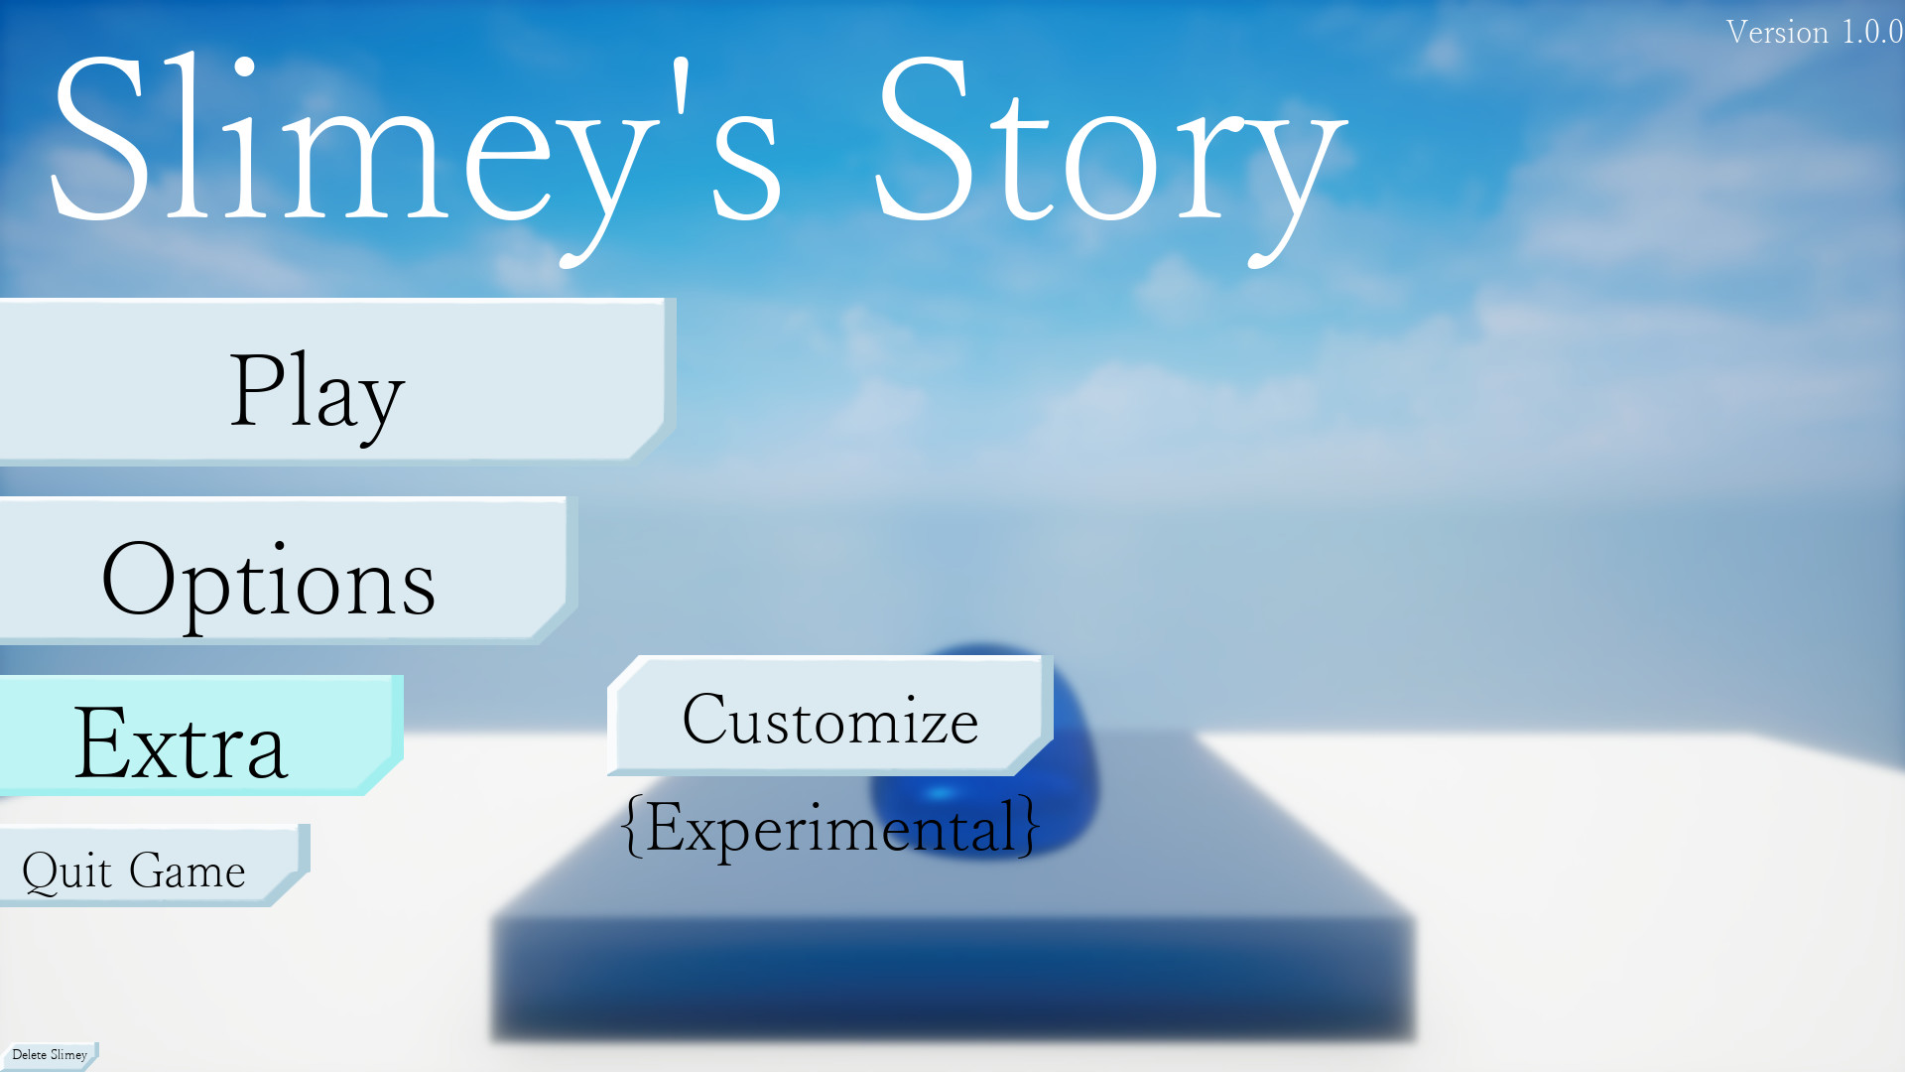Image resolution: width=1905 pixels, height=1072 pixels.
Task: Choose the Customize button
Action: pos(829,716)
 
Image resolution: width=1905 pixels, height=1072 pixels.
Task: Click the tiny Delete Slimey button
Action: pos(49,1055)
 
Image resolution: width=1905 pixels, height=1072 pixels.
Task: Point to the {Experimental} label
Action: pos(829,827)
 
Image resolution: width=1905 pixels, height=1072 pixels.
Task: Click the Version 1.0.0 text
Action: pos(1814,32)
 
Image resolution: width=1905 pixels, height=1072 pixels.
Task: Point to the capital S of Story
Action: pos(921,138)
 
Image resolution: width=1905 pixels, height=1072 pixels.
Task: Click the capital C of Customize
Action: pos(706,718)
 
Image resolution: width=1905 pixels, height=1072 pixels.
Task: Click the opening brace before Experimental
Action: pos(632,826)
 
